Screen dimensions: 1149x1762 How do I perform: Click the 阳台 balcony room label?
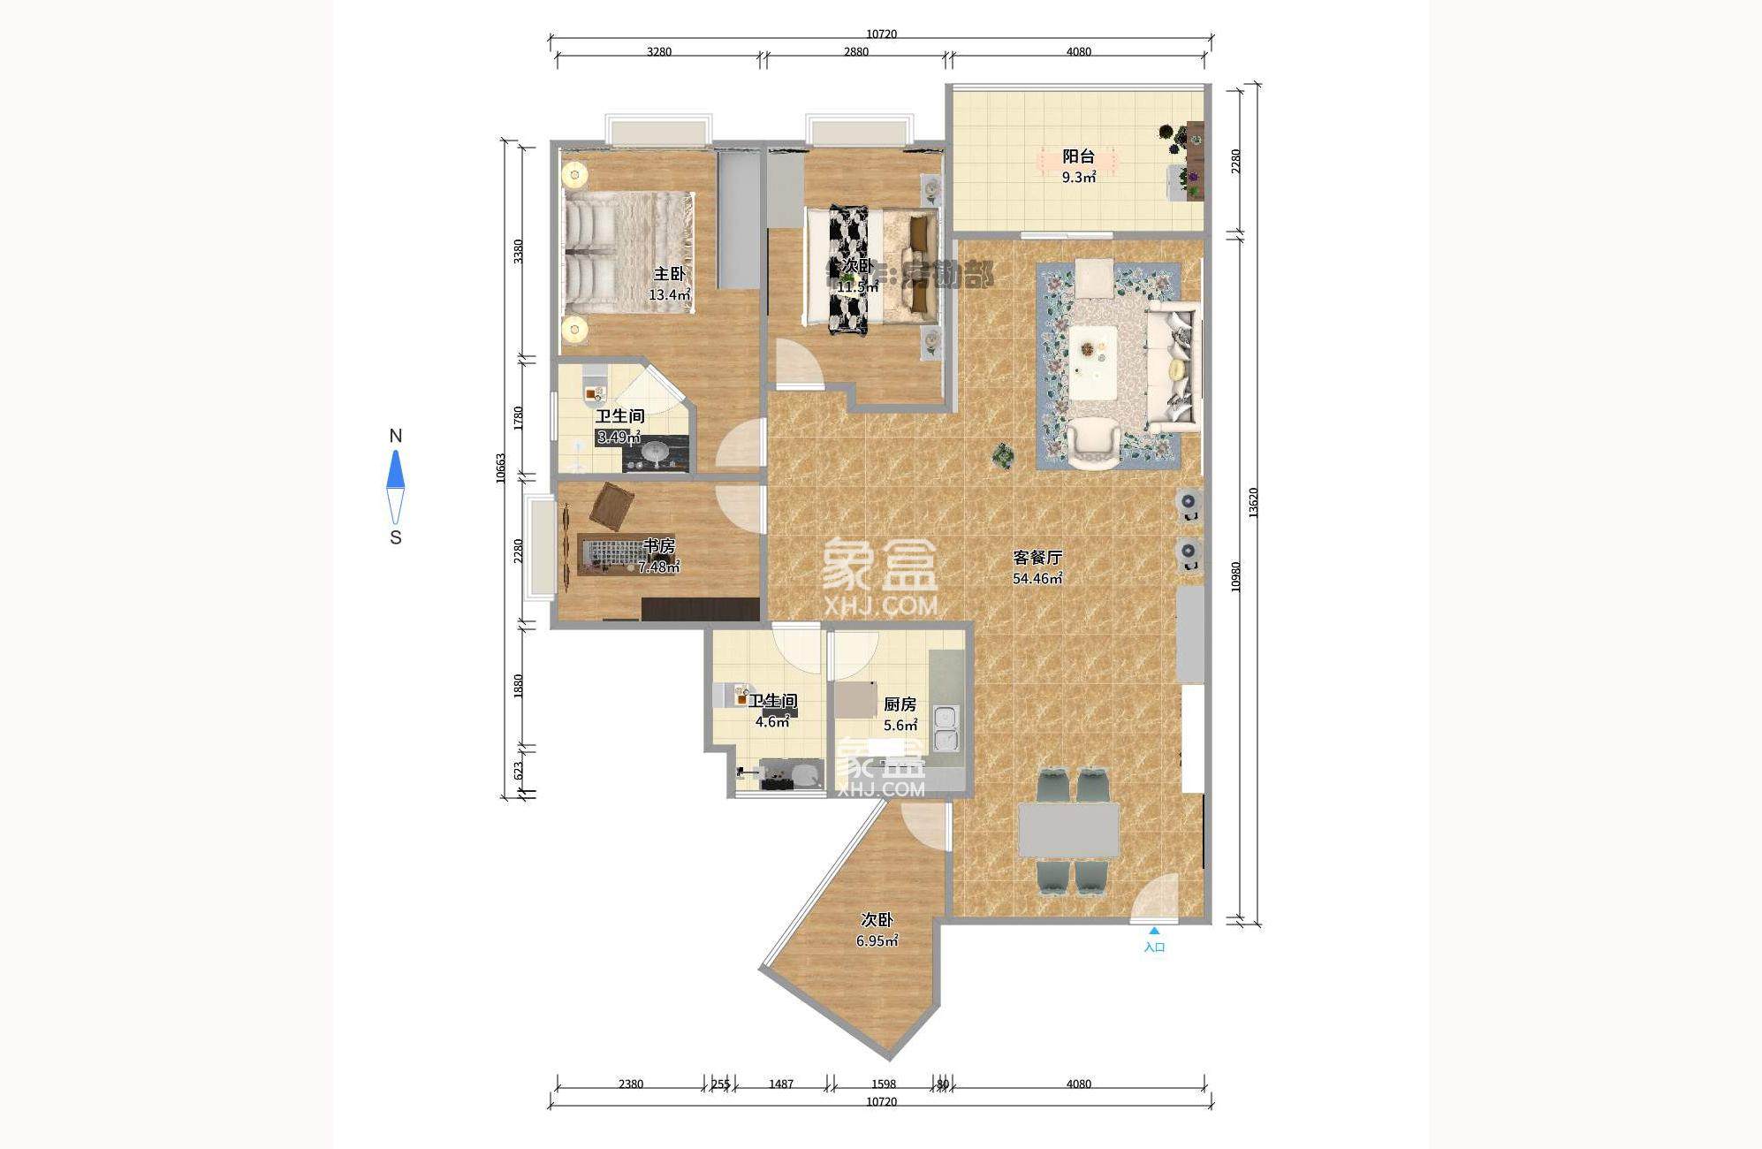tap(1078, 156)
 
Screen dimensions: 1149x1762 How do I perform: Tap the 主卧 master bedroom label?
tap(669, 274)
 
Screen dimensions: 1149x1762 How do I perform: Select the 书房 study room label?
tap(659, 546)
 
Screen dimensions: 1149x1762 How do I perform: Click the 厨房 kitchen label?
tap(900, 704)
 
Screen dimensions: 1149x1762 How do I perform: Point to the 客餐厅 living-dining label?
tap(1037, 558)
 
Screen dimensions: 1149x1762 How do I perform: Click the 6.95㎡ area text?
tap(877, 941)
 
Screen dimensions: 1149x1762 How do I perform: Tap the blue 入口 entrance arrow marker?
tap(1154, 931)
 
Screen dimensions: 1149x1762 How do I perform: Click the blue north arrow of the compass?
tap(396, 469)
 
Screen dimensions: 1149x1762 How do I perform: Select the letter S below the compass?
tap(396, 537)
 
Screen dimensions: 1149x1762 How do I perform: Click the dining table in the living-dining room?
tap(1068, 830)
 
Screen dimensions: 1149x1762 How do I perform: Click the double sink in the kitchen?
tap(945, 728)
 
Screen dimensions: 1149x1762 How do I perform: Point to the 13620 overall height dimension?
tap(1253, 503)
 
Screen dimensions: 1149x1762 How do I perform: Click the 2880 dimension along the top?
tap(855, 51)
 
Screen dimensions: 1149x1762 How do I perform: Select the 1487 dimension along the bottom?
tap(781, 1084)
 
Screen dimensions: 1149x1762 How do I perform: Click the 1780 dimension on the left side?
tap(519, 417)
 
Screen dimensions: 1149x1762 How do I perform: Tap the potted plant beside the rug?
tap(1003, 455)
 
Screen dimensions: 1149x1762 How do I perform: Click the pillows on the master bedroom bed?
tap(589, 256)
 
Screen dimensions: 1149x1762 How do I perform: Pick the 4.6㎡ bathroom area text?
tap(771, 722)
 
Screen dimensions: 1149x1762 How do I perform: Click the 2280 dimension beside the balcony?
tap(1236, 161)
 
